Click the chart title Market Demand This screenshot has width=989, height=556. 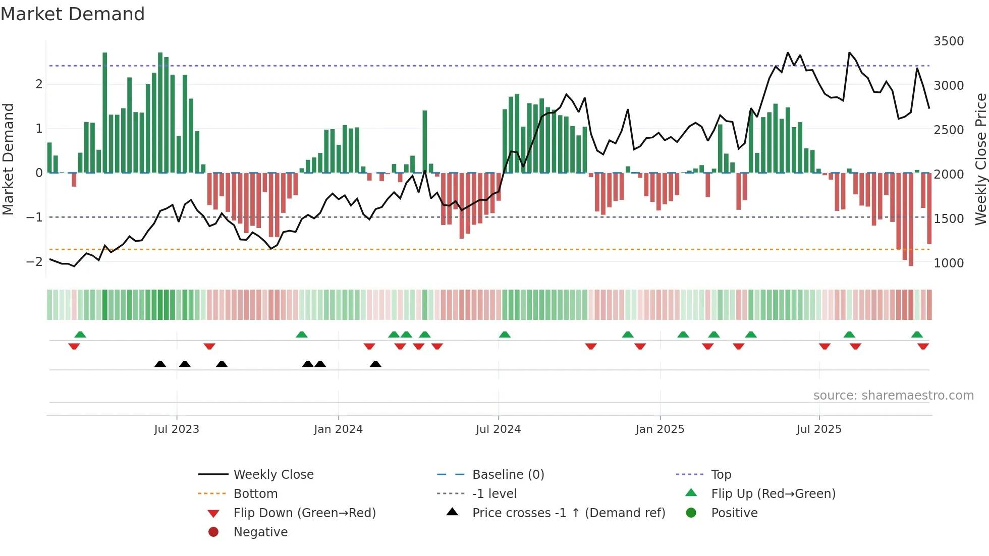tap(73, 14)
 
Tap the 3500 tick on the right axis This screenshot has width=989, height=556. tap(948, 41)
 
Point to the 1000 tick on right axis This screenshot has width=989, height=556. tap(948, 263)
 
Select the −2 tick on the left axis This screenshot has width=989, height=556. tap(34, 261)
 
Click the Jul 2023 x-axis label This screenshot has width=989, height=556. tap(177, 429)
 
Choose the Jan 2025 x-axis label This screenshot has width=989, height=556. tap(660, 429)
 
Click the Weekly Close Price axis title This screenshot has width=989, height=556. tap(980, 159)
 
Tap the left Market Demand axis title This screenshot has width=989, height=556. tap(8, 159)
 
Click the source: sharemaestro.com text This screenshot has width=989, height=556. tap(893, 396)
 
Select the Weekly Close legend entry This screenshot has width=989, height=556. tap(273, 475)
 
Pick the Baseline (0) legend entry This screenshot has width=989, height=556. tap(508, 475)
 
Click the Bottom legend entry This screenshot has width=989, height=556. tap(255, 494)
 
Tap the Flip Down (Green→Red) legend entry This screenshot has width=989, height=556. tap(304, 513)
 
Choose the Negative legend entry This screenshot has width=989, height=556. tap(260, 532)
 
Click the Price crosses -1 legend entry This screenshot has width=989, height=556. tap(568, 513)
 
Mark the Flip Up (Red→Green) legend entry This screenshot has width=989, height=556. tap(773, 494)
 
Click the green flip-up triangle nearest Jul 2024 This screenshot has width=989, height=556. tap(505, 335)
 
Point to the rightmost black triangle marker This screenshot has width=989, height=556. tap(375, 364)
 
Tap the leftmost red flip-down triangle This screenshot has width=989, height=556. tap(74, 346)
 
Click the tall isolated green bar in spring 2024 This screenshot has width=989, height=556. tap(425, 141)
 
